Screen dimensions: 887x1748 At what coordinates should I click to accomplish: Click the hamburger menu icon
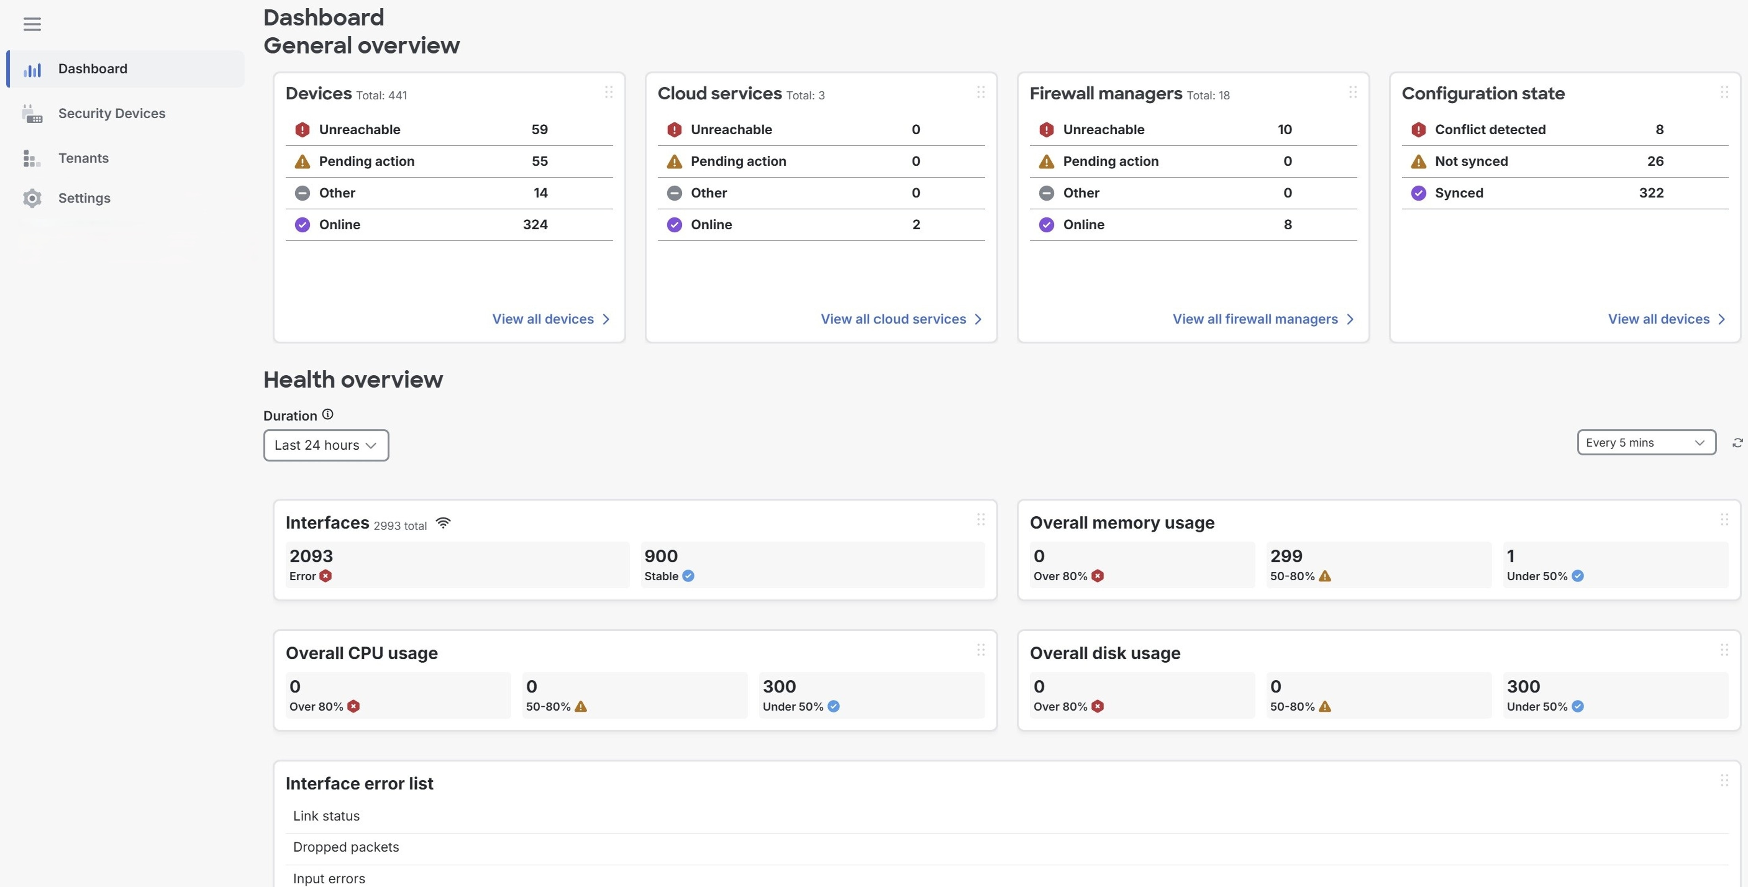pyautogui.click(x=32, y=25)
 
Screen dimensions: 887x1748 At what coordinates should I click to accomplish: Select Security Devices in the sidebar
pyautogui.click(x=111, y=113)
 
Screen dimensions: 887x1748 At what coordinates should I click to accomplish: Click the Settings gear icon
pyautogui.click(x=32, y=198)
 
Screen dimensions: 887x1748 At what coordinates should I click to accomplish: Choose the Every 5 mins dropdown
pyautogui.click(x=1646, y=443)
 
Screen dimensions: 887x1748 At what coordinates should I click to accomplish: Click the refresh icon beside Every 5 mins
pyautogui.click(x=1737, y=443)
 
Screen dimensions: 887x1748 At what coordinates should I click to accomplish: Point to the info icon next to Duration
pyautogui.click(x=328, y=414)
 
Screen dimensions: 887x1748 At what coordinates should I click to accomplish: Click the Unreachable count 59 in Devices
pyautogui.click(x=539, y=129)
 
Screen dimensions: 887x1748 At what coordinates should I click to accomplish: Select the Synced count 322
pyautogui.click(x=1651, y=193)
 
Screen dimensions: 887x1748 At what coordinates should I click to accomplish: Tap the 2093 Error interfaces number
pyautogui.click(x=311, y=556)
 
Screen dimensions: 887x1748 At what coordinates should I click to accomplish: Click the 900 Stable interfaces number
pyautogui.click(x=660, y=556)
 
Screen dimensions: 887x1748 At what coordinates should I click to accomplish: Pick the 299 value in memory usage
pyautogui.click(x=1286, y=556)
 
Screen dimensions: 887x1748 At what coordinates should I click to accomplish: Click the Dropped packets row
pyautogui.click(x=345, y=847)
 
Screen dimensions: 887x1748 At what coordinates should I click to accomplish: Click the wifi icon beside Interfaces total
pyautogui.click(x=443, y=523)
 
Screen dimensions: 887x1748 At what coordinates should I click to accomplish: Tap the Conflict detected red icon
pyautogui.click(x=1418, y=129)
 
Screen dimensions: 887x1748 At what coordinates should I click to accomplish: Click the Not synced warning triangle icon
pyautogui.click(x=1418, y=162)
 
